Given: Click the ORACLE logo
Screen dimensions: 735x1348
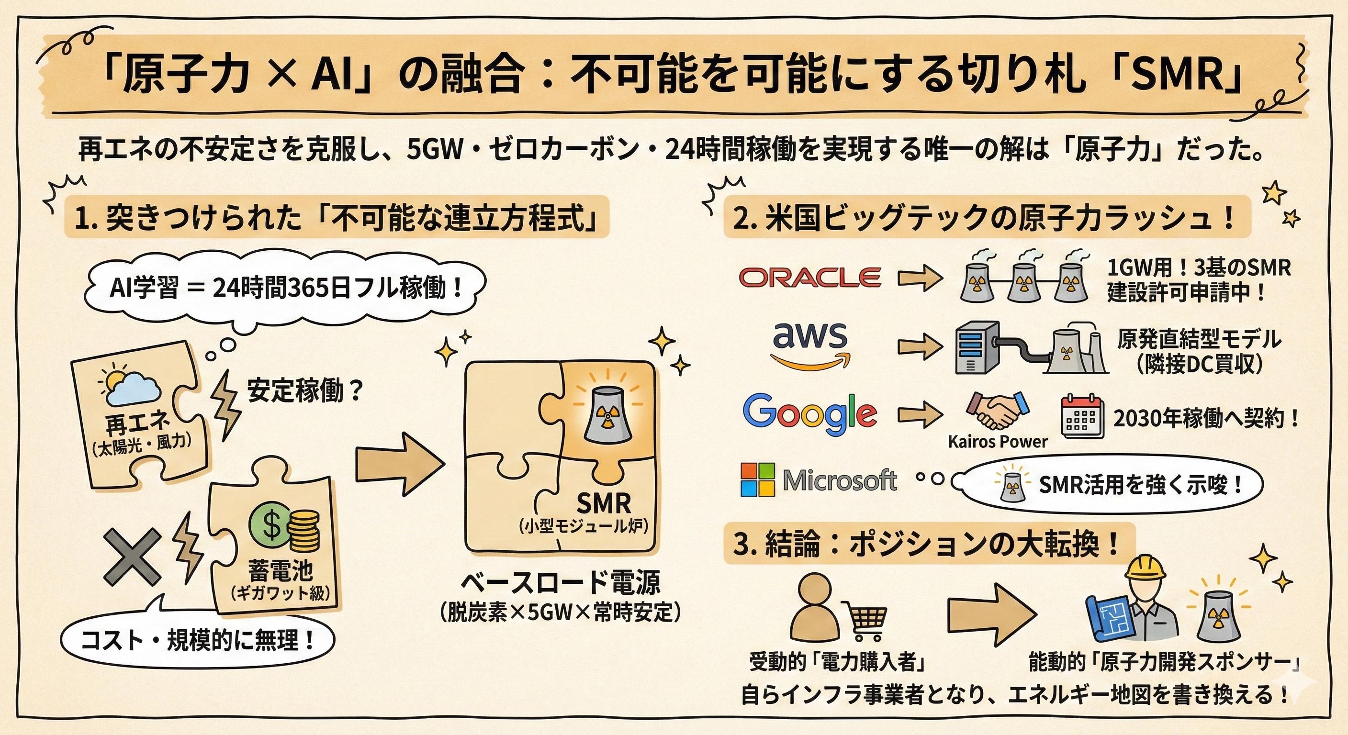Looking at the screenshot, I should pos(809,277).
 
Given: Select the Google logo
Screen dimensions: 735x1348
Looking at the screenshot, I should pos(809,415).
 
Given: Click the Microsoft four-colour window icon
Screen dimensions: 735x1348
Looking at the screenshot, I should pos(758,479).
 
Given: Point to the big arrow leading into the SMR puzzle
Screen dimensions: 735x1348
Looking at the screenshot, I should pos(400,463).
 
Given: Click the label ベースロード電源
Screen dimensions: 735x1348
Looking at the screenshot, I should pos(561,583).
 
